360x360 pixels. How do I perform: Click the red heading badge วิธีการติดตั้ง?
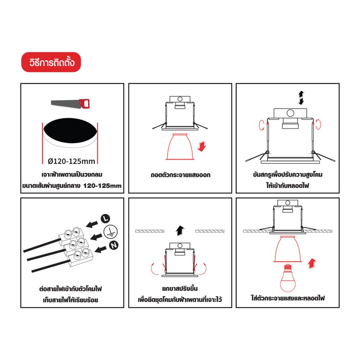(x=51, y=62)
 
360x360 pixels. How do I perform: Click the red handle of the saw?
(x=84, y=103)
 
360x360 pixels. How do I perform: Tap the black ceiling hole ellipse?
(x=70, y=131)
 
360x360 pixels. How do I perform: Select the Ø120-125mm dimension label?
(x=71, y=161)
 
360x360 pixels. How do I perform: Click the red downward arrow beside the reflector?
(x=202, y=147)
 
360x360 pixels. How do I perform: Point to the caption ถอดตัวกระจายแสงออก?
(x=180, y=175)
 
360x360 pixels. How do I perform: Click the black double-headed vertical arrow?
(x=301, y=98)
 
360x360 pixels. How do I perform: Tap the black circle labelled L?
(x=105, y=218)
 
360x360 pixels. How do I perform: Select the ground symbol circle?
(x=111, y=231)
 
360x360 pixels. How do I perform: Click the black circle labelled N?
(x=114, y=246)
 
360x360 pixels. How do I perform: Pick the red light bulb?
(x=288, y=278)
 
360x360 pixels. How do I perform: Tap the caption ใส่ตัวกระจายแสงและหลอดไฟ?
(x=288, y=298)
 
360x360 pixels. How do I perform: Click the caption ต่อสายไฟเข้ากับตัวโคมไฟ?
(x=71, y=289)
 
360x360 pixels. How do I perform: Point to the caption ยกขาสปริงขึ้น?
(x=180, y=288)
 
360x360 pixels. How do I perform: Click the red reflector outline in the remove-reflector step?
(x=180, y=147)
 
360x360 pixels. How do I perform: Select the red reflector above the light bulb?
(x=288, y=249)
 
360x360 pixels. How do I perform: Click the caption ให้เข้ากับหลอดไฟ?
(x=288, y=185)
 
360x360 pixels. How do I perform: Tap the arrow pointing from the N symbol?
(x=100, y=249)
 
